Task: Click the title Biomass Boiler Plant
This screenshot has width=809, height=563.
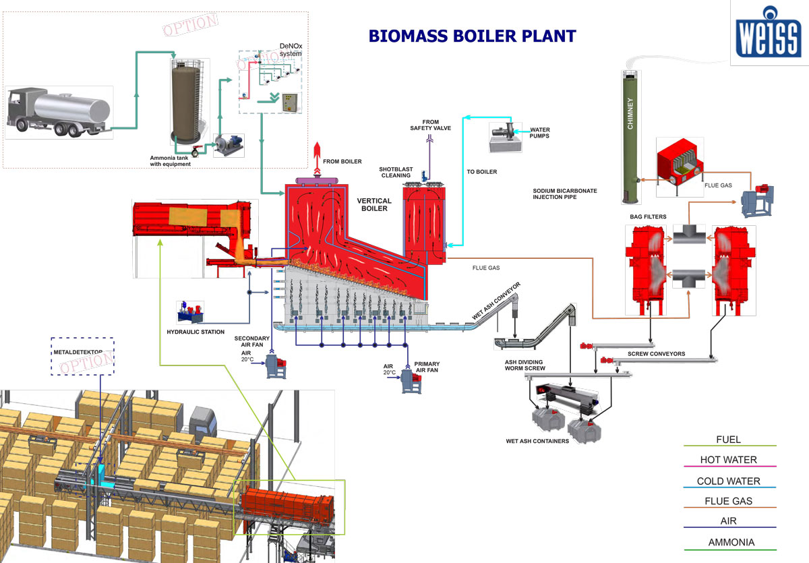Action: [472, 36]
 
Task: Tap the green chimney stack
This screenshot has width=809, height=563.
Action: [630, 135]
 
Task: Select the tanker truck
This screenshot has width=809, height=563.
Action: [59, 110]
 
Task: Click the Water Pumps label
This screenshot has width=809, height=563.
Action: [540, 133]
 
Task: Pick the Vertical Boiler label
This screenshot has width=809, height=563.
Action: [374, 205]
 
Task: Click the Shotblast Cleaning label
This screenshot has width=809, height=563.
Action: [394, 172]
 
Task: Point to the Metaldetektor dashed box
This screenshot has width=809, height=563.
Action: [83, 355]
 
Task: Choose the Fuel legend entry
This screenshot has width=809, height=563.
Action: [728, 440]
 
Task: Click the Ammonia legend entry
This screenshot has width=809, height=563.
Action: [731, 542]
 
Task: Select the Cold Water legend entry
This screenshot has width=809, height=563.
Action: [728, 481]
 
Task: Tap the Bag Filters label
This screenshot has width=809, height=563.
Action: [647, 216]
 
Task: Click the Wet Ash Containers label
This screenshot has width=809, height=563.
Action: [537, 442]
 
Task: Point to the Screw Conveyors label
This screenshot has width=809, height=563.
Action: [656, 353]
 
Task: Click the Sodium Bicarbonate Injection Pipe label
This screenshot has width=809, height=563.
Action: [565, 194]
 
